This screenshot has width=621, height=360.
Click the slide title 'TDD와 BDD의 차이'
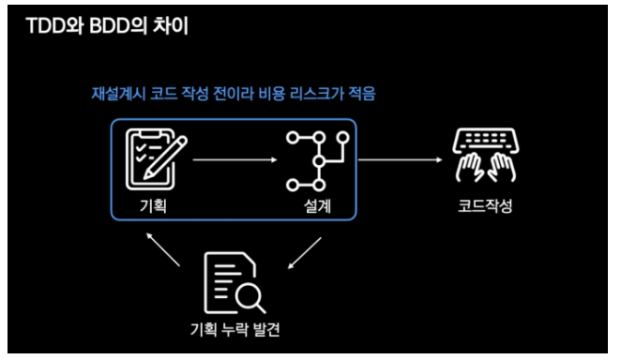[107, 26]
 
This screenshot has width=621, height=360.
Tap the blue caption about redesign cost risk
[234, 94]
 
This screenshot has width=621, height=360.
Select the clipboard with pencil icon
[156, 159]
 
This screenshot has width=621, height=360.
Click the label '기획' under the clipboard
[153, 206]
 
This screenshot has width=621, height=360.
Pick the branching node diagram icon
[318, 161]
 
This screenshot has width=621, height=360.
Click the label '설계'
[317, 206]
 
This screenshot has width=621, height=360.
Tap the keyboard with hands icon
[486, 155]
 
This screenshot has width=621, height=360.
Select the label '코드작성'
[485, 206]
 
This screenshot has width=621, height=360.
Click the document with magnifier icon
[235, 282]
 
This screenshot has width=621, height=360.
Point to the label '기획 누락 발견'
[235, 329]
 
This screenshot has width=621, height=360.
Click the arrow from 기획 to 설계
[235, 159]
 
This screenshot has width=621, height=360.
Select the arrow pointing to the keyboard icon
[400, 159]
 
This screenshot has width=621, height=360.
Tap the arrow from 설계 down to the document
[305, 253]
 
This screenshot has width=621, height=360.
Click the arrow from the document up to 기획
[163, 249]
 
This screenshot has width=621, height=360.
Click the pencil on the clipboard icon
[165, 157]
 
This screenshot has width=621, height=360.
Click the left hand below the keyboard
[470, 167]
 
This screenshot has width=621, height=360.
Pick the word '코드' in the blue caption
[163, 94]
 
